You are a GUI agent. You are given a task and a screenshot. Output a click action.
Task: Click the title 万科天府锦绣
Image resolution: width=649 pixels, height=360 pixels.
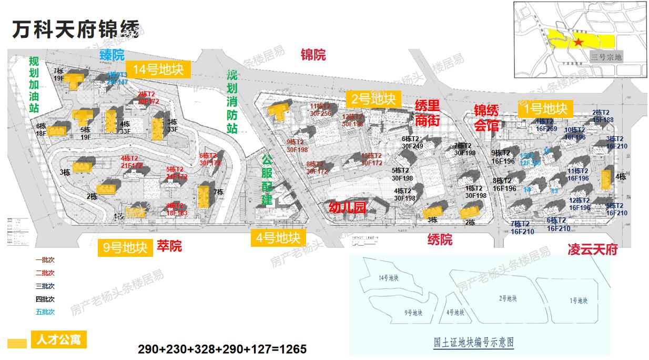[76, 30]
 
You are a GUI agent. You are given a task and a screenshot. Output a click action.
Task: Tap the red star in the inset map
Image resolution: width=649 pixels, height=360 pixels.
[578, 42]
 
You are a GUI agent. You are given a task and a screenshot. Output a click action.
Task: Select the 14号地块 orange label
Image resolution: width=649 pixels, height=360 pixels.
[157, 69]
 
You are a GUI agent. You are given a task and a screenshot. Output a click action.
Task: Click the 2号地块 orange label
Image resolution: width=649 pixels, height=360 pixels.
[373, 98]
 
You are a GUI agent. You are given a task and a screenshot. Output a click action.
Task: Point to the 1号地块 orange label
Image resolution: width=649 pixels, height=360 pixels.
[546, 109]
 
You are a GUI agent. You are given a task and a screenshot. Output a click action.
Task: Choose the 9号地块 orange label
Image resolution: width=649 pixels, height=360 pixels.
[125, 248]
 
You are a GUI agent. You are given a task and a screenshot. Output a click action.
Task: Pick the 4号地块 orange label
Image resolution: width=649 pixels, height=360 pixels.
[278, 238]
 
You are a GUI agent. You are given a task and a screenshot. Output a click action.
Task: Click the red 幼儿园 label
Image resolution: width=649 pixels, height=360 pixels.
[347, 207]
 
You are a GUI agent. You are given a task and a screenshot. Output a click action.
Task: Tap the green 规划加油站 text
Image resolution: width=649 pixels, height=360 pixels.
[34, 84]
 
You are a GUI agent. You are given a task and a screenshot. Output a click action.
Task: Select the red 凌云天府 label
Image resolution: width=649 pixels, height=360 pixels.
[592, 249]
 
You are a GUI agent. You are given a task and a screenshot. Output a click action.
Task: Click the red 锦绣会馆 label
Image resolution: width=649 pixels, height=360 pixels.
[486, 118]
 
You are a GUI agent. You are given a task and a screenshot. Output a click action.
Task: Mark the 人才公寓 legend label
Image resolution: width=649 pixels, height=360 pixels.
[58, 340]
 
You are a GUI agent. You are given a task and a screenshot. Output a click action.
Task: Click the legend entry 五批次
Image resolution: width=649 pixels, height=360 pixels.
[45, 312]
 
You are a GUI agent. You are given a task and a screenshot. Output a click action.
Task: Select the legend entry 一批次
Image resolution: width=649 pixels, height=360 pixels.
[45, 260]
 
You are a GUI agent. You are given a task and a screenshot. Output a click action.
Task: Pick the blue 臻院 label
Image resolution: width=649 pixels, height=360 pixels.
[112, 54]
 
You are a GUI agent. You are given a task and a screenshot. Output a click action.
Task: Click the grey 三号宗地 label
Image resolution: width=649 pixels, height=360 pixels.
[606, 57]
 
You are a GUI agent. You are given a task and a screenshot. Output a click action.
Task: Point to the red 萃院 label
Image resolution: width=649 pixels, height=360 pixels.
[169, 245]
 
